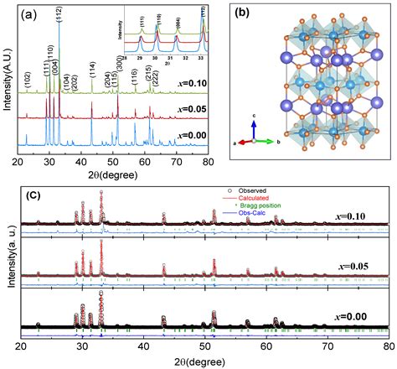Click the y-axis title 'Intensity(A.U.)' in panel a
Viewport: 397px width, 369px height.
pyautogui.click(x=8, y=84)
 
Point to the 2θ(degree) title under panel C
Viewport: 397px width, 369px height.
pyautogui.click(x=204, y=359)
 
